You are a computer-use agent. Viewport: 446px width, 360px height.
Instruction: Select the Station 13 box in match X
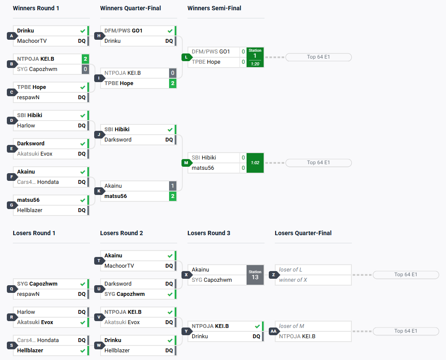255,275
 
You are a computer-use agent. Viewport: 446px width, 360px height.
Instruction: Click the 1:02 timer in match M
255,163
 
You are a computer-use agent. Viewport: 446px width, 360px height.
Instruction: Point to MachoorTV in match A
32,41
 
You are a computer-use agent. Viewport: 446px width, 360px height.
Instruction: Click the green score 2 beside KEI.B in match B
85,59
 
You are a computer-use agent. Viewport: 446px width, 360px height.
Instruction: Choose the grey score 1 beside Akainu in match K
172,186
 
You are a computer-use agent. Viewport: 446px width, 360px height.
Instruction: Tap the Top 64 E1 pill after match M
318,163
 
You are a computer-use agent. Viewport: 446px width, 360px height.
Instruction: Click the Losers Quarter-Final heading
303,233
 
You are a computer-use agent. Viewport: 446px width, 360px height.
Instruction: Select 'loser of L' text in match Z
291,270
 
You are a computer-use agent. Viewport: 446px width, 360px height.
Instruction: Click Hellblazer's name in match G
30,210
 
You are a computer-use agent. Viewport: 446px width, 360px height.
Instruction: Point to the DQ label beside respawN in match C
82,97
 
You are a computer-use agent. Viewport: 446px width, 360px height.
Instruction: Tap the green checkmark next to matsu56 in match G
83,200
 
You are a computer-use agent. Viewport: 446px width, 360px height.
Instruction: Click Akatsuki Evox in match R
35,322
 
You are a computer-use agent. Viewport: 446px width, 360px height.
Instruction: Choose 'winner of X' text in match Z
293,280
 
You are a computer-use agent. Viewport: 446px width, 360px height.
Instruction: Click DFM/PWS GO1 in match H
124,31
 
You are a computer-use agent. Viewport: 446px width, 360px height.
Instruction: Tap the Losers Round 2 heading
122,233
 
